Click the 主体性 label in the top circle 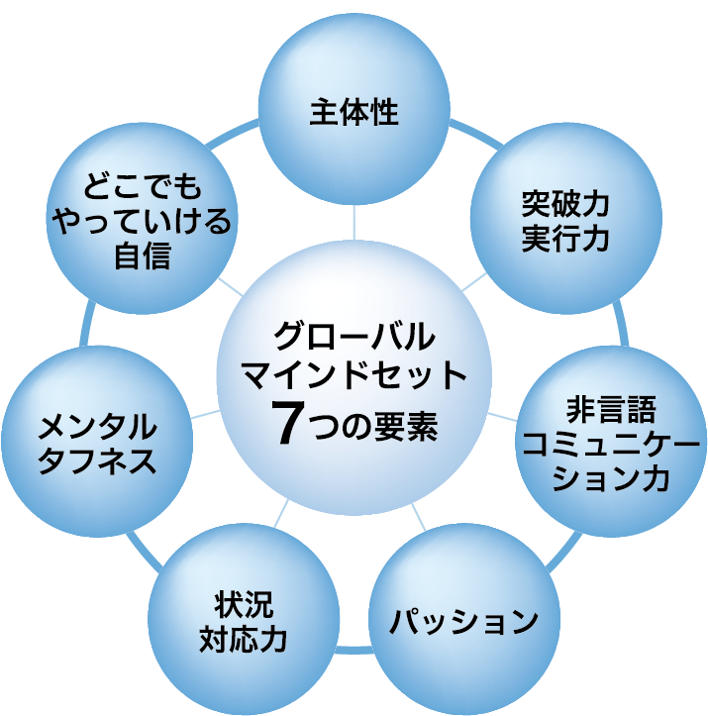point(354,112)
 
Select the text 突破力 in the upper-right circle point(565,204)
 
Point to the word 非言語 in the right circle point(611,410)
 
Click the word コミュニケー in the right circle point(611,444)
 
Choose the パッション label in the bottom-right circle point(463,621)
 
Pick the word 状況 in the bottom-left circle point(244,604)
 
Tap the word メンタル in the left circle point(97,427)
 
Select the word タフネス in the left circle point(97,460)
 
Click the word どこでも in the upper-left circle point(142,187)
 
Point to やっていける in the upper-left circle point(142,221)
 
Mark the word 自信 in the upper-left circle point(142,256)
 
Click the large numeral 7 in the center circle point(288,422)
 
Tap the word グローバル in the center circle point(354,336)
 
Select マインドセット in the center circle point(354,374)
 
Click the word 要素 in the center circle point(406,426)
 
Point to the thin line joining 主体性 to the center point(354,222)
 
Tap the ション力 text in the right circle point(611,478)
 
